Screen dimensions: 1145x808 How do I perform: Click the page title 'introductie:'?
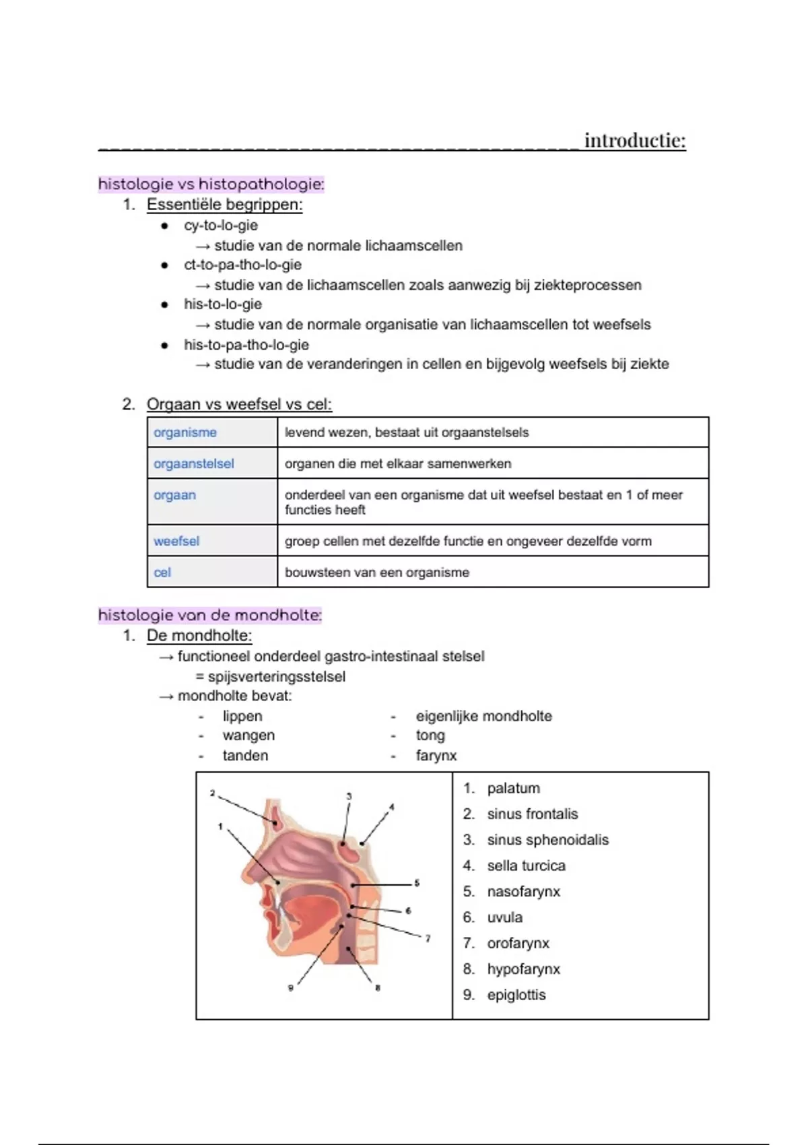[x=634, y=140]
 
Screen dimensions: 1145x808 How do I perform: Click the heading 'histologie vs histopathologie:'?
[x=211, y=184]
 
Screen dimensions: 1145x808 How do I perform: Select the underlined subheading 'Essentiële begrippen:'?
[x=224, y=205]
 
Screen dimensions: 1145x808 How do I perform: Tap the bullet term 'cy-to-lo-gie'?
[x=221, y=226]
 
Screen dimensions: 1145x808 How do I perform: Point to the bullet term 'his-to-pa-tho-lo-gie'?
[x=246, y=345]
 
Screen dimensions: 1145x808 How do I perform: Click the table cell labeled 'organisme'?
[x=185, y=432]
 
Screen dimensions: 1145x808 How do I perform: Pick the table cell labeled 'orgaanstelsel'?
[x=194, y=463]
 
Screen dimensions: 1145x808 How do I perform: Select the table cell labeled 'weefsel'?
[x=176, y=541]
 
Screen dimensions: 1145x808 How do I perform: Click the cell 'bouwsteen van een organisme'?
[x=377, y=572]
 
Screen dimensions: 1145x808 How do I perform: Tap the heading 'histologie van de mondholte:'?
[x=210, y=615]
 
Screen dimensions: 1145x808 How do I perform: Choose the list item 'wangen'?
[x=248, y=735]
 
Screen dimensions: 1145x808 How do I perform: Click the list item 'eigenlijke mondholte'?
[x=483, y=716]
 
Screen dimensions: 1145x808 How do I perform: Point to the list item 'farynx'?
[x=436, y=756]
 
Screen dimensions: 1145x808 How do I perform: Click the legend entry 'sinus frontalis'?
[x=532, y=814]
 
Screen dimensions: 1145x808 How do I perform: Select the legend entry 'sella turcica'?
[x=526, y=865]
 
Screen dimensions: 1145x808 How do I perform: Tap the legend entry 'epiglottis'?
[x=516, y=995]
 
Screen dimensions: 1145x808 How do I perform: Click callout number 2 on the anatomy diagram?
[x=212, y=793]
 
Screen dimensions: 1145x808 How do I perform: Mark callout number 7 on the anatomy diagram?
[x=428, y=938]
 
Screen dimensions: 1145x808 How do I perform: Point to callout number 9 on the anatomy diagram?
[x=291, y=988]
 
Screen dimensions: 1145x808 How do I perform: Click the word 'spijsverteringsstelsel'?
[x=276, y=676]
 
